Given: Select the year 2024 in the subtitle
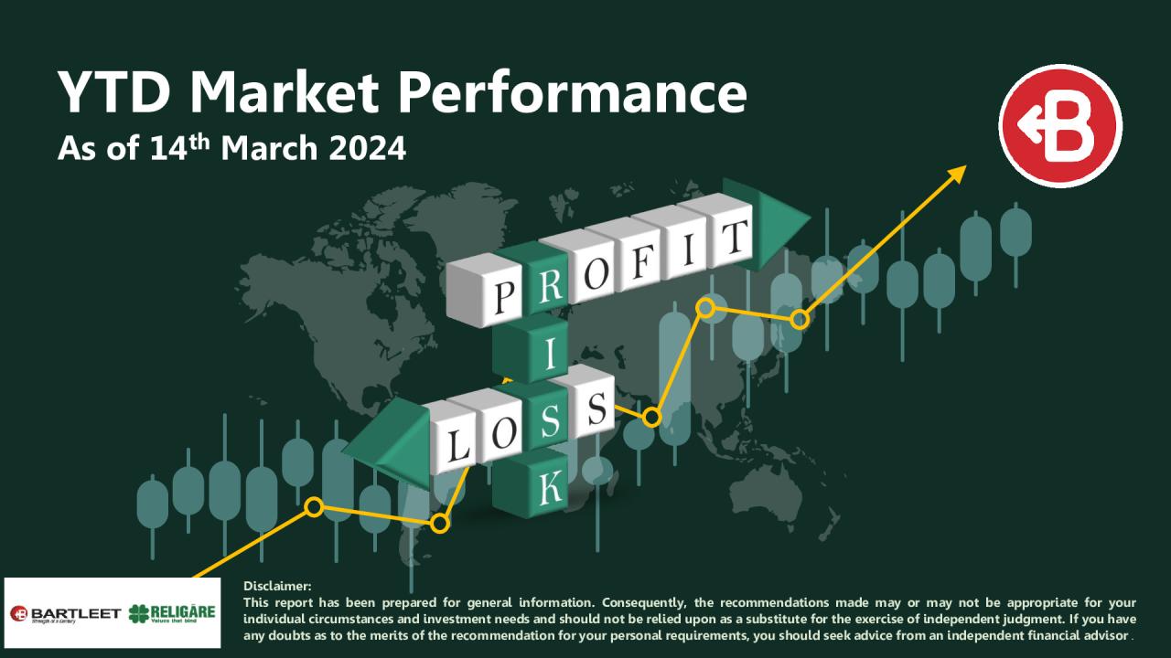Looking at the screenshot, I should coord(370,147).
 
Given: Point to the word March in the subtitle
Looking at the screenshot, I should coord(271,147).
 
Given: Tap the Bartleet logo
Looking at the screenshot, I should coord(65,612).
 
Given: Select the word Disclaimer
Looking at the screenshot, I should coord(277,586).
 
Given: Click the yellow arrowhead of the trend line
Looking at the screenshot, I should coord(957,173).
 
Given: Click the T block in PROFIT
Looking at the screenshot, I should coord(729,237).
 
